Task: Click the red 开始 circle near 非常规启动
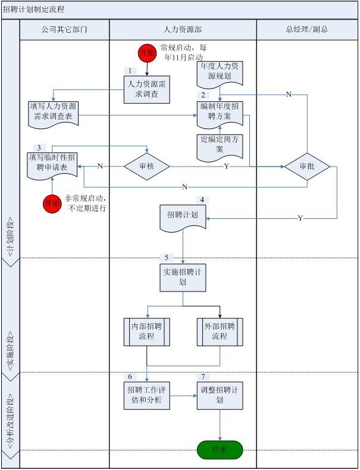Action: click(52, 204)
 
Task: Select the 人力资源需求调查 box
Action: click(147, 89)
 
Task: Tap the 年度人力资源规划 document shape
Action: click(221, 73)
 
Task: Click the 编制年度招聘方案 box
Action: click(221, 111)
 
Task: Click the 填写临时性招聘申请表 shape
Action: click(52, 165)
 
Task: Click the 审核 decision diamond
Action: click(146, 166)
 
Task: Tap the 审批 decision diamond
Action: click(307, 167)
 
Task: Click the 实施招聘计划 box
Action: click(183, 277)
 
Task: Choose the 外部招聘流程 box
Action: click(220, 331)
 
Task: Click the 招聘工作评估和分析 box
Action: click(146, 394)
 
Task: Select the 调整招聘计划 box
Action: click(220, 394)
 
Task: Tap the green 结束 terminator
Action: click(220, 450)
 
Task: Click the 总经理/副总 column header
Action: click(307, 29)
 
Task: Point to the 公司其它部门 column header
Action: click(64, 29)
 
